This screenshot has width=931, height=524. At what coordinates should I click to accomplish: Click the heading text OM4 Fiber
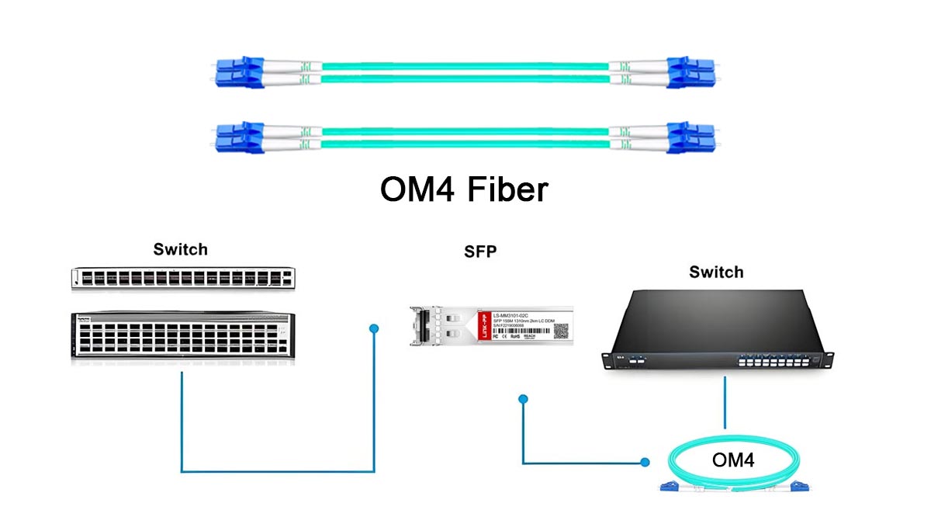464,190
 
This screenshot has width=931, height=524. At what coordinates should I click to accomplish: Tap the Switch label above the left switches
180,249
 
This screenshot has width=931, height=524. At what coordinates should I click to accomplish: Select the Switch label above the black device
716,272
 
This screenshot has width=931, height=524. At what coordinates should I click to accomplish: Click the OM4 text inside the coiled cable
733,460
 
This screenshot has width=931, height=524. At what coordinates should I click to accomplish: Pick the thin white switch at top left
184,278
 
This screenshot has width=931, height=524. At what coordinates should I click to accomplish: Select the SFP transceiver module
490,324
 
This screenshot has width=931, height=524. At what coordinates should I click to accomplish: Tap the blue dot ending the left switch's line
374,328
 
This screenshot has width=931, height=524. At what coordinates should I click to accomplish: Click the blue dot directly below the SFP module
523,399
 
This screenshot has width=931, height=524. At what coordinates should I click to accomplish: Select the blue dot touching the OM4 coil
645,463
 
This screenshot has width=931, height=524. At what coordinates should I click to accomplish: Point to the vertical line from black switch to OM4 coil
725,402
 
